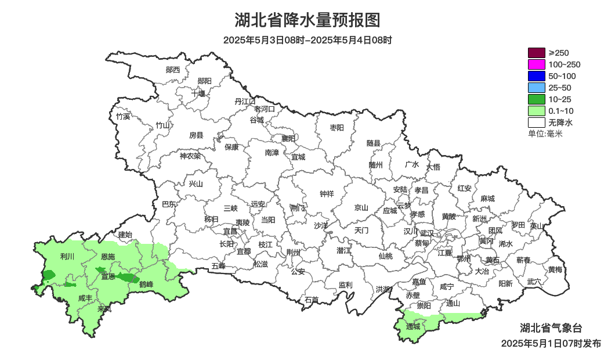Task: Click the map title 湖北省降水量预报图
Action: pos(307,20)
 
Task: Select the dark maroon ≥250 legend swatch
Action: pos(536,53)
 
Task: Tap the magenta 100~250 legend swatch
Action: pos(536,64)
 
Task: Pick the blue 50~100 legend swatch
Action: pos(536,76)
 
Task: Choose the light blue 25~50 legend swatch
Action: pos(536,88)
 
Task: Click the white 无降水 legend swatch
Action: pos(536,123)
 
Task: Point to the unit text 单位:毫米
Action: pos(545,134)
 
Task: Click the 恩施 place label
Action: pos(108,257)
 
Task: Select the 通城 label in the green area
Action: pos(413,327)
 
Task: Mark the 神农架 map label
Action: pos(190,156)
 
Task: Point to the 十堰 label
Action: pos(198,93)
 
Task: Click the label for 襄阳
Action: pos(288,138)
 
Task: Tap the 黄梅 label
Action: pos(555,269)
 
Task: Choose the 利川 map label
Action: pos(67,256)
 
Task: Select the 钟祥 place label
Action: pos(327,194)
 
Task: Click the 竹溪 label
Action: pos(123,116)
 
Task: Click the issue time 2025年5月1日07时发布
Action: pos(551,344)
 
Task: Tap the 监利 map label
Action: pos(345,285)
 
